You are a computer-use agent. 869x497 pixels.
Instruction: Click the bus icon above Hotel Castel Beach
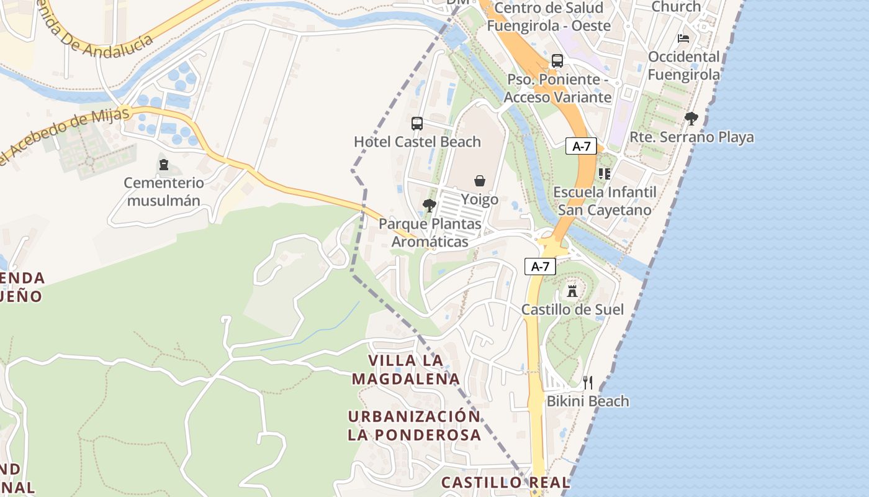tap(417, 123)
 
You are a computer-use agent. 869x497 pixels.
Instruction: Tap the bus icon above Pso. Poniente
tap(557, 61)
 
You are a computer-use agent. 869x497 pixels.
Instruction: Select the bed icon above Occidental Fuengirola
tap(683, 39)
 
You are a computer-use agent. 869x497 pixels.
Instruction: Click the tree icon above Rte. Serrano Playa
tap(691, 119)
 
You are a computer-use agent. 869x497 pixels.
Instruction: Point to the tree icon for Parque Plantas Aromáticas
tap(429, 206)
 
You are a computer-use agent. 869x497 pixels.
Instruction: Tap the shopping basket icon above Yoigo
tap(480, 181)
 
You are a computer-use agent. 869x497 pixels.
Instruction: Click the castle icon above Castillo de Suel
tap(572, 290)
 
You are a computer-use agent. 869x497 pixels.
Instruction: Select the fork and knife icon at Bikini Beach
tap(587, 382)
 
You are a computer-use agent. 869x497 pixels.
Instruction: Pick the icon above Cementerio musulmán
tap(164, 165)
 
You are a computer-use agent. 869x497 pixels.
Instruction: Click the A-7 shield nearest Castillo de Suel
tap(540, 267)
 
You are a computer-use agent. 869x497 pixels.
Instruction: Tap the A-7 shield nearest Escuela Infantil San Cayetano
tap(581, 147)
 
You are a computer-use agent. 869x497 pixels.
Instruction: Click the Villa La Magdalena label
tap(406, 370)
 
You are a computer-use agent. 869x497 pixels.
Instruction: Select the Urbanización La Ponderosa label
tap(414, 426)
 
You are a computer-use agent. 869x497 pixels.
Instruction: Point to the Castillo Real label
tap(505, 483)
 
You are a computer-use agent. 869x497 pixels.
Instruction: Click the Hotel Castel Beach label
tap(417, 142)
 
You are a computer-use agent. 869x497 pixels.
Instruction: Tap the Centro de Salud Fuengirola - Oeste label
tap(549, 17)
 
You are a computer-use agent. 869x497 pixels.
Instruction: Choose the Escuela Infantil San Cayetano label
tap(605, 201)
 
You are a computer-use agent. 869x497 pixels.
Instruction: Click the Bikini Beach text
tap(587, 401)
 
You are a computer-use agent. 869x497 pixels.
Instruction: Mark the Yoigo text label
tap(480, 199)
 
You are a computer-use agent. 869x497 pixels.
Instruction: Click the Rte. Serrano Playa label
tap(691, 137)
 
